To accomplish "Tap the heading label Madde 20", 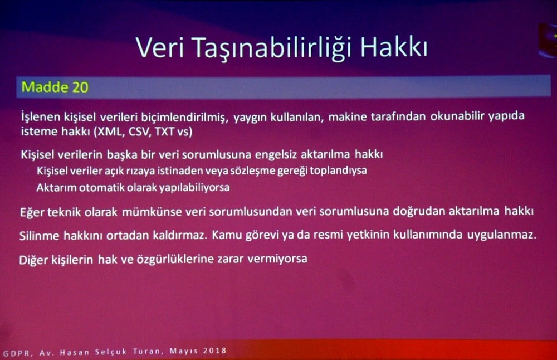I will point(55,87).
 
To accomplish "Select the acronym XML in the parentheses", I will point(110,132).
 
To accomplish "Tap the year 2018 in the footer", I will point(213,351).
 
